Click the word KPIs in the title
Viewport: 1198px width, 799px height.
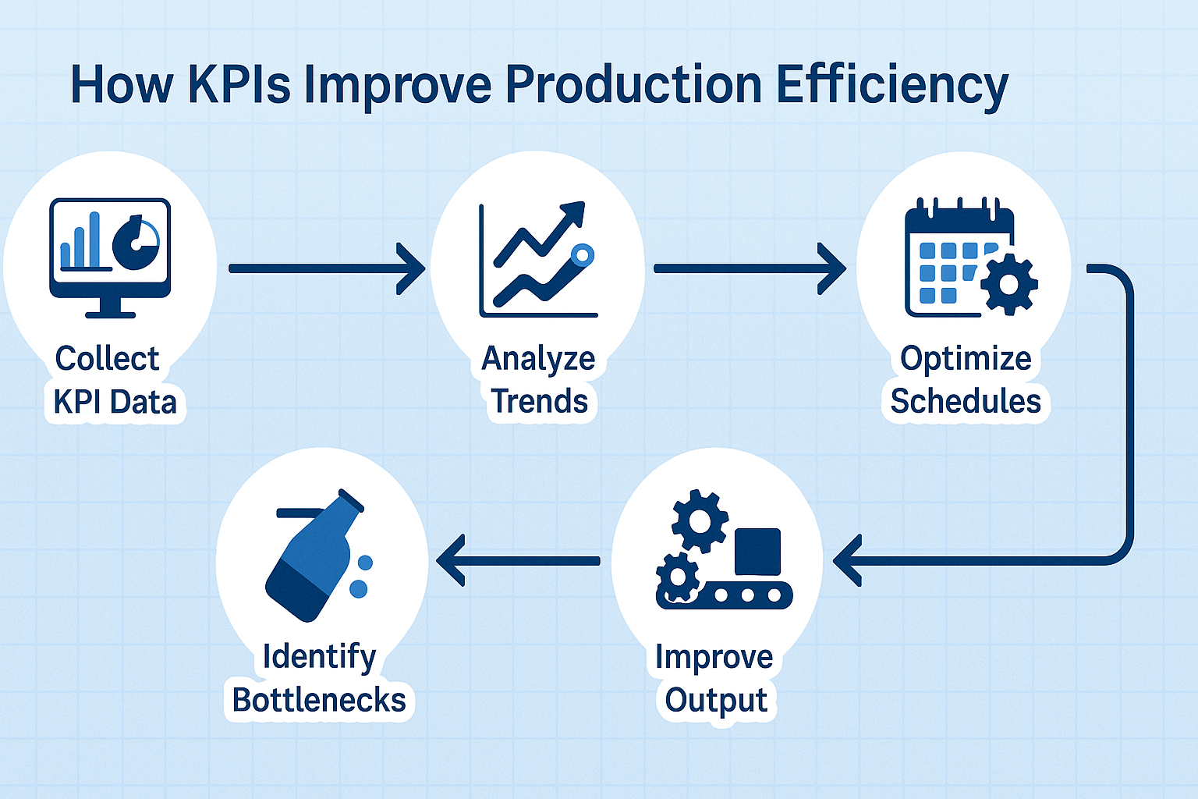tap(239, 84)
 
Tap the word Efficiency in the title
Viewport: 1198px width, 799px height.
tap(891, 86)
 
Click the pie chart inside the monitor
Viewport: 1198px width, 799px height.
tap(136, 243)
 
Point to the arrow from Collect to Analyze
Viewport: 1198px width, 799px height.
tap(327, 268)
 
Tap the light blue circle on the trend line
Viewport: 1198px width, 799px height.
tap(582, 255)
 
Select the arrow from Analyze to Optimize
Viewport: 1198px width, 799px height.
tap(750, 268)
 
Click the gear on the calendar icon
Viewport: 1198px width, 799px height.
tap(1008, 284)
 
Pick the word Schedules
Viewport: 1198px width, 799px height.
tap(966, 401)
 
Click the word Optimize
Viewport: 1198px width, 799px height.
tap(966, 359)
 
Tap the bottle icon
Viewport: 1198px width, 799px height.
tap(316, 556)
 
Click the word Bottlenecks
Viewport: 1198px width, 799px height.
tap(319, 699)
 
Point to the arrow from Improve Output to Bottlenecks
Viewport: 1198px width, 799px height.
tap(518, 561)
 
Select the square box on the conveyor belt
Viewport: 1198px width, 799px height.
tap(757, 552)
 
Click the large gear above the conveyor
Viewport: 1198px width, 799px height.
tap(699, 520)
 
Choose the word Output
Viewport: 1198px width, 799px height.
tap(716, 701)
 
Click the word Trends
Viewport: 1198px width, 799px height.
tap(539, 401)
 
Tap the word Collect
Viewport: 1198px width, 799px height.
tap(107, 358)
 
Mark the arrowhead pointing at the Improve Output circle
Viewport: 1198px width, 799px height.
tap(848, 561)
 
